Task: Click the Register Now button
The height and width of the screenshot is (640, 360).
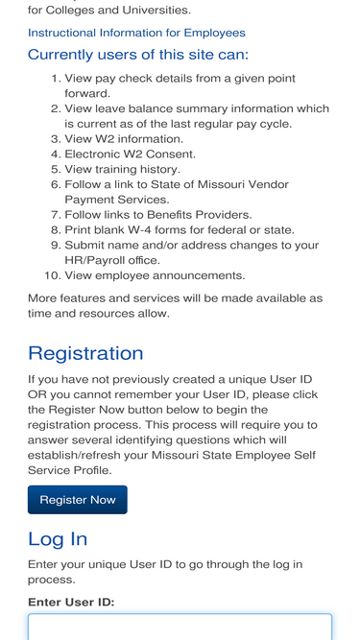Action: [x=77, y=500]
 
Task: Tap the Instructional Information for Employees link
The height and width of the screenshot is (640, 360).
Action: [x=136, y=33]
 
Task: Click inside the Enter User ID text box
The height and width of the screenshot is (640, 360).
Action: [x=180, y=627]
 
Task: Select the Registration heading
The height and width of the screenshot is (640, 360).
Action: [x=85, y=353]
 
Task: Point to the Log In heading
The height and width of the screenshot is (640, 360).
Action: [x=58, y=538]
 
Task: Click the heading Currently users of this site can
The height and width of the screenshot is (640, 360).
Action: [x=138, y=55]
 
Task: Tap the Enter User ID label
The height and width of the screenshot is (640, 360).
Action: [x=71, y=602]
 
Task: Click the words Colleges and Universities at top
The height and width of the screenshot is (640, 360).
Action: [x=118, y=11]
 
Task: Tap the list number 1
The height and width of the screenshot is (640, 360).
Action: [x=56, y=78]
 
